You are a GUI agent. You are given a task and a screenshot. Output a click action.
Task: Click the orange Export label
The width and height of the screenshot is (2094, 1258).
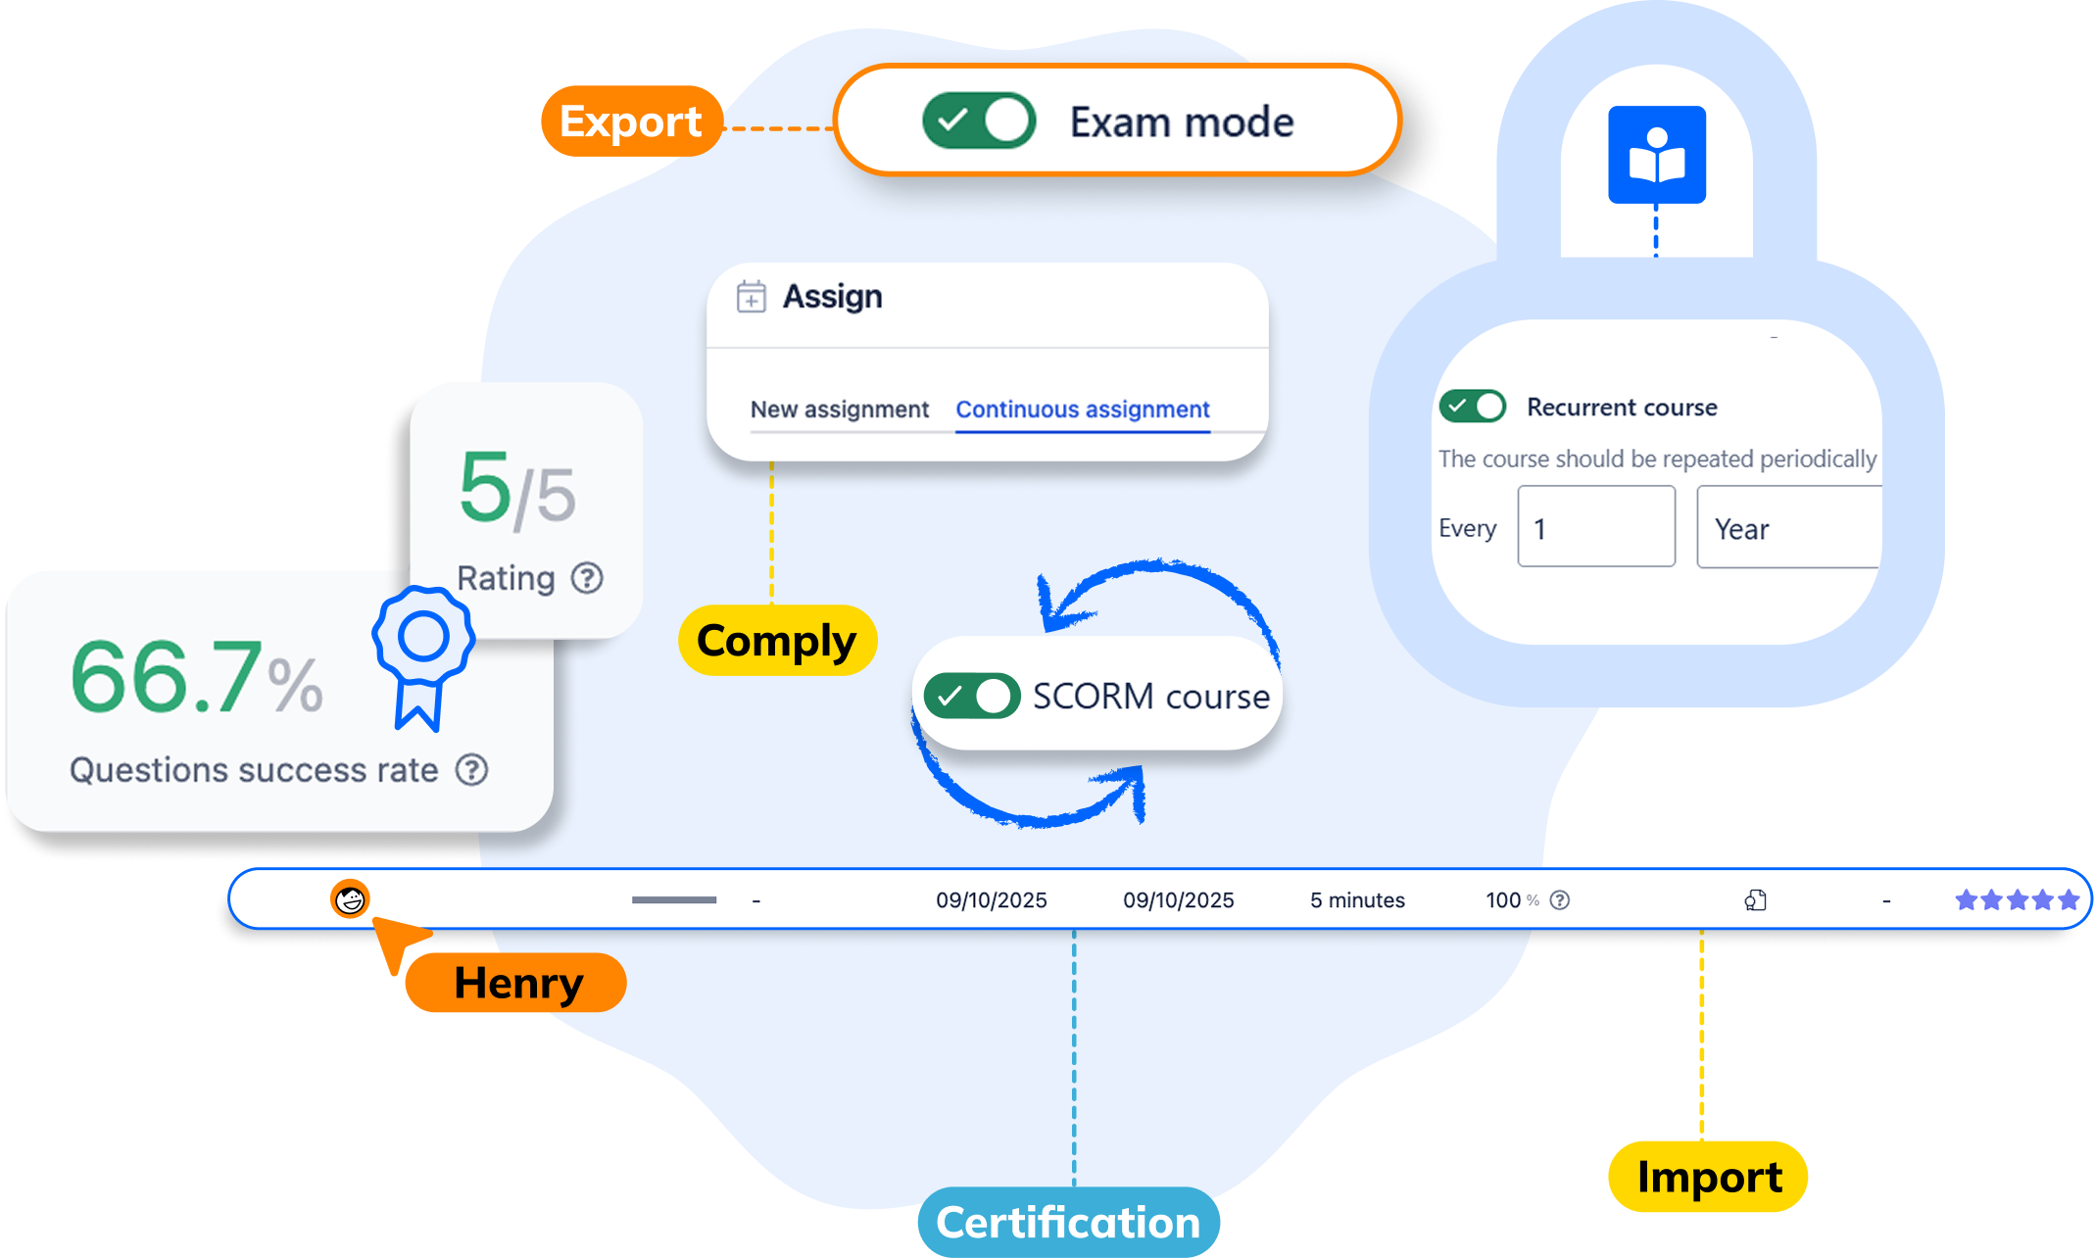(x=631, y=121)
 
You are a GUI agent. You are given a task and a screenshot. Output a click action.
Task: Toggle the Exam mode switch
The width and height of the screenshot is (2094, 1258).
(x=978, y=121)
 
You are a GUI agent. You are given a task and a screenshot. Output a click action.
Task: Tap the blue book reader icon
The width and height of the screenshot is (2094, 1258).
(x=1656, y=155)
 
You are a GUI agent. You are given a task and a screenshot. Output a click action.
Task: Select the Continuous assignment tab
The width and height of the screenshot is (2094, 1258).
(x=1083, y=410)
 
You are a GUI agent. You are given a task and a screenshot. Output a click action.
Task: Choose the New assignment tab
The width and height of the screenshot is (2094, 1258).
(x=839, y=410)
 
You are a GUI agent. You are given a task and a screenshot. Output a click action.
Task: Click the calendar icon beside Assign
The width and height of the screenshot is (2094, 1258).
(x=752, y=296)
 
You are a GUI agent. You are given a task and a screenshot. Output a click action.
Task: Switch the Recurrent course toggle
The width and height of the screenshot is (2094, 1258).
(x=1472, y=406)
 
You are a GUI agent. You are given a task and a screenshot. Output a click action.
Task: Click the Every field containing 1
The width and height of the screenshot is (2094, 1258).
(x=1595, y=528)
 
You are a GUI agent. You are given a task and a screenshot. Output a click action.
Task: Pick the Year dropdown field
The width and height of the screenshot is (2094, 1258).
(x=1787, y=529)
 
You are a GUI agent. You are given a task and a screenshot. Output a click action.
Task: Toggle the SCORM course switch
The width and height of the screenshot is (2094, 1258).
(x=971, y=697)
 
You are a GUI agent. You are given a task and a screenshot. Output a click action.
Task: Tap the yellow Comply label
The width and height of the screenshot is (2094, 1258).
(x=776, y=641)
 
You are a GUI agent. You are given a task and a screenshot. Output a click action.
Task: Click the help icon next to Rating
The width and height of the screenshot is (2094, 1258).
(x=587, y=578)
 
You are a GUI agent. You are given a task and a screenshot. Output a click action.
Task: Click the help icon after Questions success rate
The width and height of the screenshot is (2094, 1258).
(x=471, y=770)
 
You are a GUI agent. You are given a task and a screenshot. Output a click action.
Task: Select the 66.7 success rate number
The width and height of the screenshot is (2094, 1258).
(x=167, y=677)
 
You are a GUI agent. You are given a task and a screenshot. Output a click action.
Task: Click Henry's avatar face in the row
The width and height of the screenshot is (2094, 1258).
(x=350, y=898)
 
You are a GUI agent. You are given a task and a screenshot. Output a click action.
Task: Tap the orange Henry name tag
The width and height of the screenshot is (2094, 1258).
(x=516, y=983)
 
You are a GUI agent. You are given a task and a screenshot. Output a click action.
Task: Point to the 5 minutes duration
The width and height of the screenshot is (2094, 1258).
(x=1357, y=900)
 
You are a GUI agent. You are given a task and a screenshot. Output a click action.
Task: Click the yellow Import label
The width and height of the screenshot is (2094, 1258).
(x=1708, y=1177)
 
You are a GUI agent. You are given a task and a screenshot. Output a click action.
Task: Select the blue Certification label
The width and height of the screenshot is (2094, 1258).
(x=1068, y=1223)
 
